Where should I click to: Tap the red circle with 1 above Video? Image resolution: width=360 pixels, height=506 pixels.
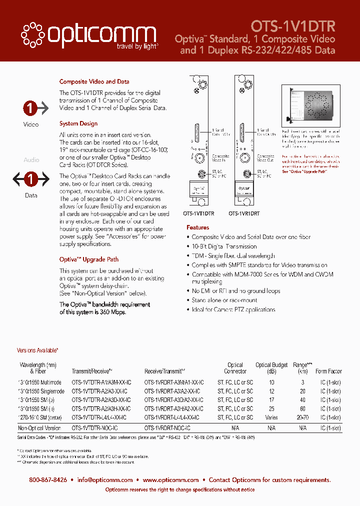(31, 108)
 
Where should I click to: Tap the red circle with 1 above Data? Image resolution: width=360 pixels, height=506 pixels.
(31, 178)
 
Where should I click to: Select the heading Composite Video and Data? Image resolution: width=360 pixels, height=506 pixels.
(94, 81)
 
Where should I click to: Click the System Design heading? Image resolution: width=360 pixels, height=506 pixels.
(78, 123)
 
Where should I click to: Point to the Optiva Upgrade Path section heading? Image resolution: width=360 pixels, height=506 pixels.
(89, 259)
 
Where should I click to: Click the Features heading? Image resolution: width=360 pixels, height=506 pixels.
(197, 227)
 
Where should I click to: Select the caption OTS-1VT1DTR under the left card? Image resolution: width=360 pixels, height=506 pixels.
(198, 213)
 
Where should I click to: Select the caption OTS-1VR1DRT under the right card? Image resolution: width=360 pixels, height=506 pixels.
(245, 213)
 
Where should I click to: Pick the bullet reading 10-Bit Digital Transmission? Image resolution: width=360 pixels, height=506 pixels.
(224, 246)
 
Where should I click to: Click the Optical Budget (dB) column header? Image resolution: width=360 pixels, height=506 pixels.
(271, 368)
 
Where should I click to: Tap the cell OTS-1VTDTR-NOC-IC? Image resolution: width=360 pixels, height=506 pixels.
(95, 428)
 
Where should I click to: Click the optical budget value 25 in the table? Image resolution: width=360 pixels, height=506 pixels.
(271, 408)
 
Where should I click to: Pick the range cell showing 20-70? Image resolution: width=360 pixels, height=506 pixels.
(302, 417)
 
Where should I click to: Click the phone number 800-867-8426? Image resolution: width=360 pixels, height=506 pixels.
(48, 479)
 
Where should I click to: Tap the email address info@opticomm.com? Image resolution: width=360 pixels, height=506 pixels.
(105, 479)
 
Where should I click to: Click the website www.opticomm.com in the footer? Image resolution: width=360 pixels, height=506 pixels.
(170, 479)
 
